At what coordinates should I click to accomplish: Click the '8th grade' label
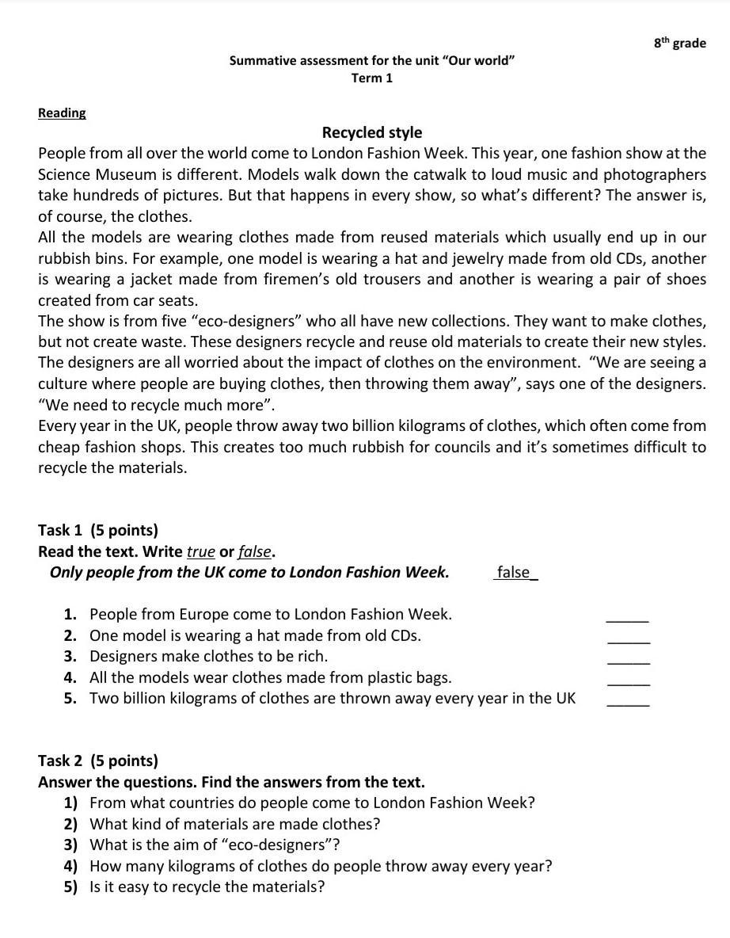[679, 44]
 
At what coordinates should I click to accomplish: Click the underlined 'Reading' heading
[62, 112]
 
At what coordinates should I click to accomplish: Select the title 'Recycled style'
[372, 132]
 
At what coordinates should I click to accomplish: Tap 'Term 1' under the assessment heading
[372, 78]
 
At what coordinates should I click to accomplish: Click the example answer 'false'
[514, 572]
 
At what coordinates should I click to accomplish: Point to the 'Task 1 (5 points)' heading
[98, 530]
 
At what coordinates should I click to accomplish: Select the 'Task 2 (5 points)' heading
[98, 761]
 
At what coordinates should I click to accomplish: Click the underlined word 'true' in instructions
[200, 551]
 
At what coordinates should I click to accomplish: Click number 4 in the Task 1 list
[70, 677]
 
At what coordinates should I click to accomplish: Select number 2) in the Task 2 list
[70, 824]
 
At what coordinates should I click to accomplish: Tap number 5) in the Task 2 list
[70, 887]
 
